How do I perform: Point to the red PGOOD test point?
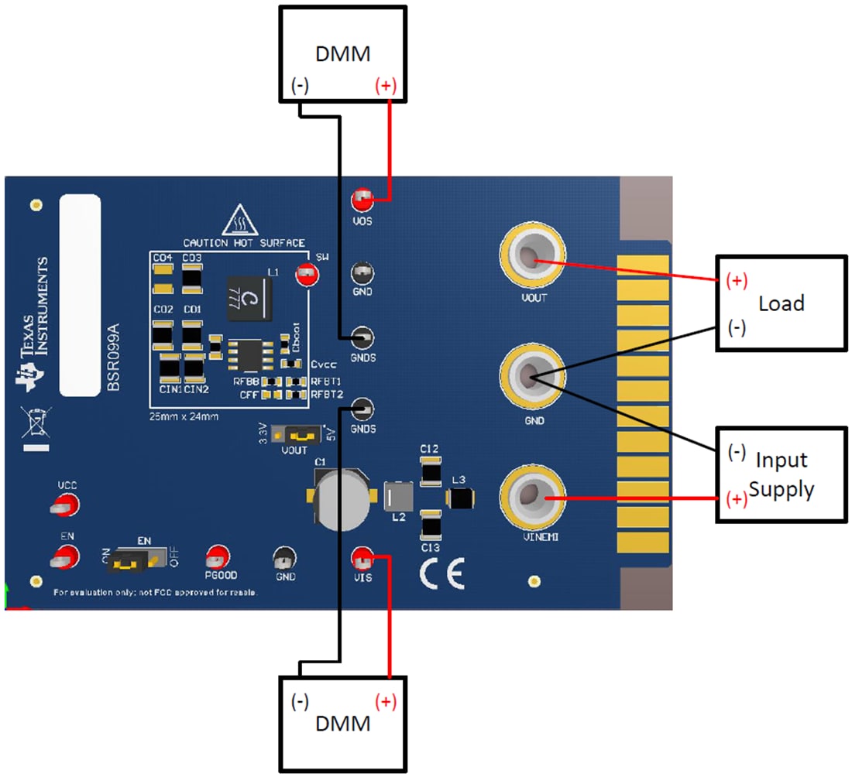[218, 556]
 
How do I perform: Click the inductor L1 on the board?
[249, 299]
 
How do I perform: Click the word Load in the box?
[781, 303]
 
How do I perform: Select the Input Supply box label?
[782, 474]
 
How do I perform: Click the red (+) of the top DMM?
[386, 86]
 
